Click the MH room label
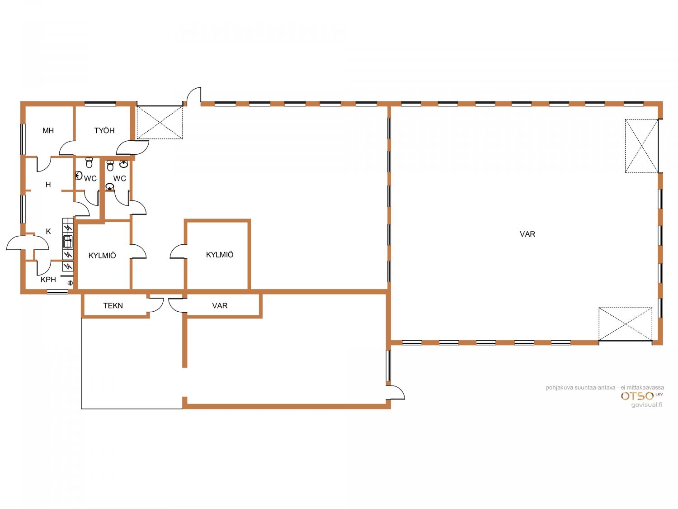[x=48, y=130]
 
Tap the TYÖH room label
[x=104, y=130]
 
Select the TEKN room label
[x=113, y=306]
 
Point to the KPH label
[x=48, y=280]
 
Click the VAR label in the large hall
[x=527, y=234]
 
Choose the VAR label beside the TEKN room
[x=220, y=306]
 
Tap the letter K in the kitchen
[x=48, y=231]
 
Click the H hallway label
[x=48, y=185]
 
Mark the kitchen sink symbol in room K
[x=68, y=242]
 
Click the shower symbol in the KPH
[x=71, y=282]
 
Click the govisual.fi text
[x=647, y=405]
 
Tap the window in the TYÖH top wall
[x=100, y=104]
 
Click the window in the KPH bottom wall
[x=57, y=291]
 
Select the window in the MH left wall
[x=23, y=139]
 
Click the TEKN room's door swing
[x=156, y=304]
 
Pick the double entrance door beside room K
[x=28, y=243]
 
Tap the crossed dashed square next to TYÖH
[x=160, y=122]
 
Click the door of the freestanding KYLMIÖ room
[x=178, y=251]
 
